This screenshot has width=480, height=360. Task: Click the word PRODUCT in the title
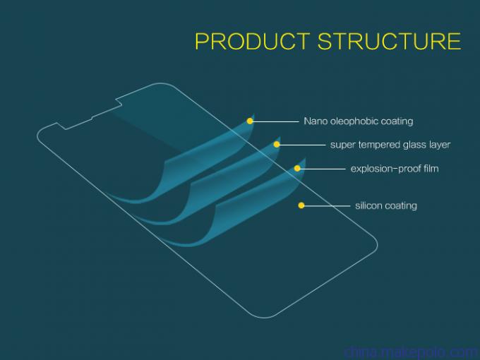[252, 41]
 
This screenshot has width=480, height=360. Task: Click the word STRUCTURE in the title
[389, 41]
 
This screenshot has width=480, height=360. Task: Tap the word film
[431, 169]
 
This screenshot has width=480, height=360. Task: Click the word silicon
[368, 205]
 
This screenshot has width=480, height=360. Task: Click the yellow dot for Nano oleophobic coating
[250, 121]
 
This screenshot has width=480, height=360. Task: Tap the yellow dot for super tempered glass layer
[277, 145]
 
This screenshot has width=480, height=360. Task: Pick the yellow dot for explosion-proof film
[297, 169]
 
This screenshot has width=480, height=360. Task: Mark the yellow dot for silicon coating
[301, 205]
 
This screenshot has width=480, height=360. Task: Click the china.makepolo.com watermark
[411, 352]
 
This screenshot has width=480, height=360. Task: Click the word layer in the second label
[438, 145]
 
